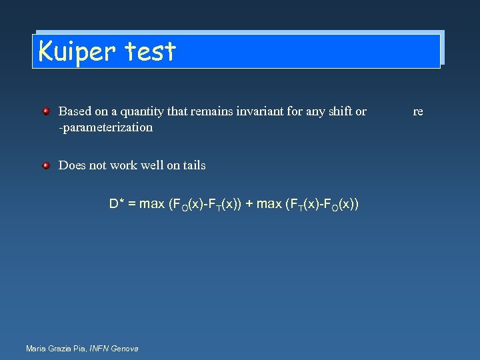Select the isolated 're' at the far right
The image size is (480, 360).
click(x=418, y=111)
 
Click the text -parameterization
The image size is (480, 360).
click(x=105, y=127)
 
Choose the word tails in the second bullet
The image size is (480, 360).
click(x=192, y=165)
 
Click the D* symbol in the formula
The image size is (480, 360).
click(x=117, y=204)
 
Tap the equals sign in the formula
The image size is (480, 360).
click(x=131, y=204)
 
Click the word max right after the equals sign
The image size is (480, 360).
click(x=152, y=204)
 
